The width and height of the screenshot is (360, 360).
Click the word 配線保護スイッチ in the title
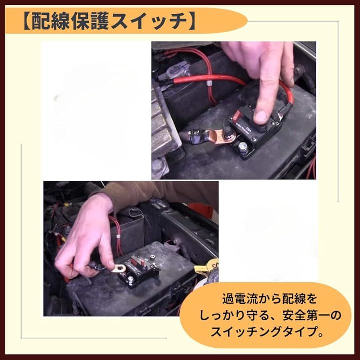[x=109, y=22]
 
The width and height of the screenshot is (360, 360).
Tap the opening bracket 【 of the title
[x=27, y=22]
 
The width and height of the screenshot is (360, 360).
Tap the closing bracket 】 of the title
[x=191, y=22]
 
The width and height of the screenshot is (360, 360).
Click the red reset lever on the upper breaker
[x=237, y=116]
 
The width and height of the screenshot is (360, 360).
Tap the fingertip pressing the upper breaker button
[x=261, y=117]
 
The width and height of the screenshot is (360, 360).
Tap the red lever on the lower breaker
[x=136, y=261]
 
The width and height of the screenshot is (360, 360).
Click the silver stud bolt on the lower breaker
[x=131, y=280]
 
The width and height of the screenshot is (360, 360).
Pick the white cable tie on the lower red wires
[x=118, y=236]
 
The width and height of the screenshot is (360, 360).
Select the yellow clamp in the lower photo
[x=208, y=267]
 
